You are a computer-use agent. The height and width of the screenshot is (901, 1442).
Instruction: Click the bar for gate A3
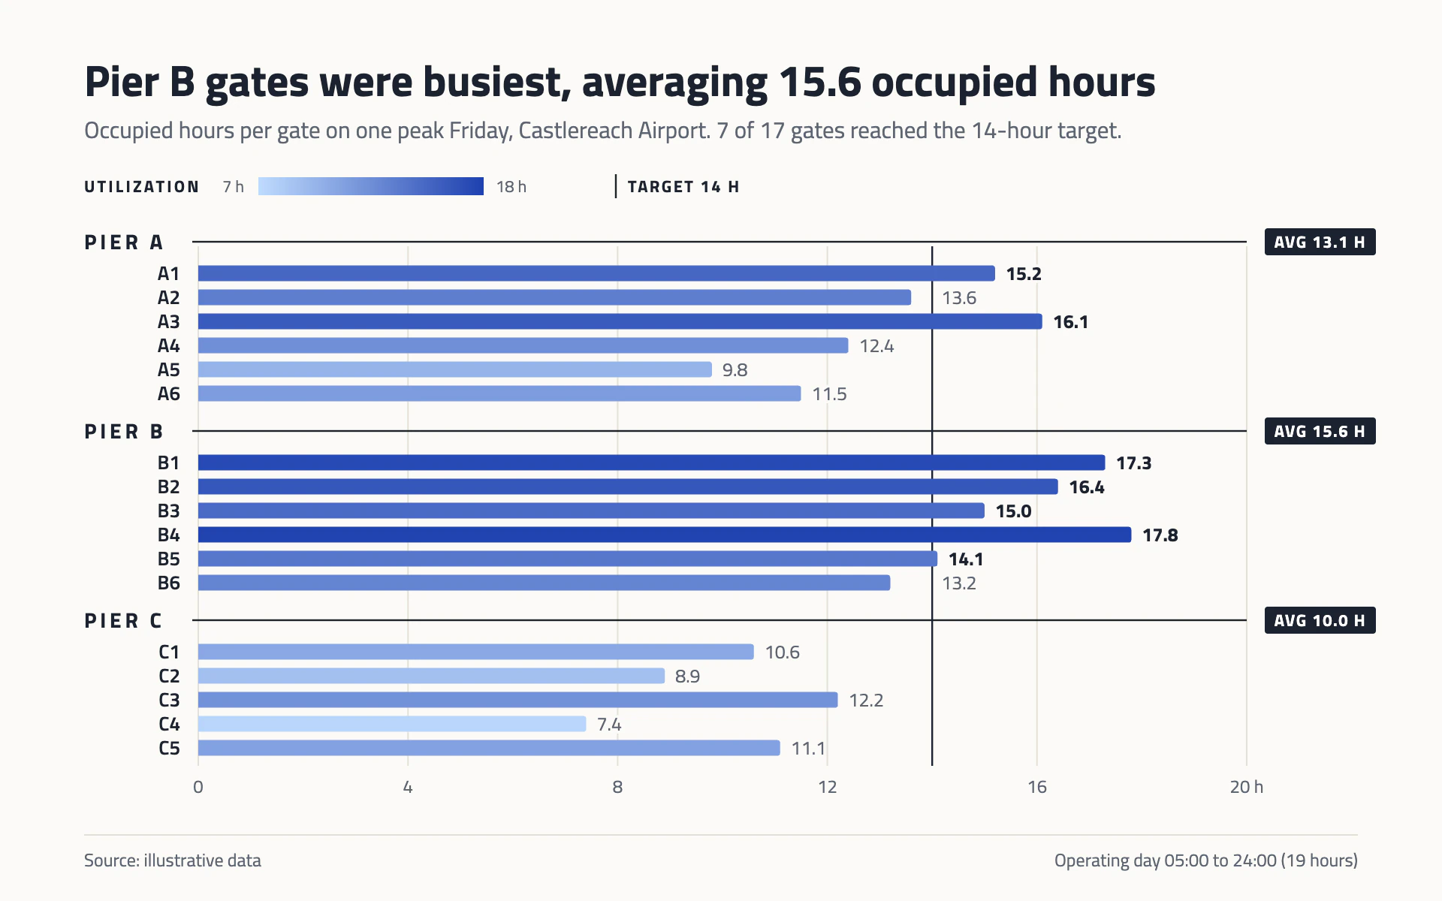click(x=620, y=321)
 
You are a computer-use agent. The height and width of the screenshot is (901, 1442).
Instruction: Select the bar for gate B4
click(x=665, y=535)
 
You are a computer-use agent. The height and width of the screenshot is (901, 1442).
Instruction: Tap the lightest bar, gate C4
click(x=392, y=724)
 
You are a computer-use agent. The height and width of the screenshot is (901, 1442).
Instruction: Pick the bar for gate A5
click(x=455, y=369)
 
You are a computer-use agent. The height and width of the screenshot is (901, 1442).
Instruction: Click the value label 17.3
click(x=1133, y=463)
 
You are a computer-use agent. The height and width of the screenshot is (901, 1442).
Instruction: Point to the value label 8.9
click(x=687, y=677)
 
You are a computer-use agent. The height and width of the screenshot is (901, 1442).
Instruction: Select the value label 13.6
click(x=959, y=298)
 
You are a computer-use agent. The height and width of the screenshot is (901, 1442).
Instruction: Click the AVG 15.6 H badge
click(x=1320, y=431)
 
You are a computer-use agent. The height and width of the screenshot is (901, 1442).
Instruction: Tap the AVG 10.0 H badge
click(x=1320, y=620)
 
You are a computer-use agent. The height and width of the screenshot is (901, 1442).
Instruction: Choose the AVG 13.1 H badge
click(x=1320, y=242)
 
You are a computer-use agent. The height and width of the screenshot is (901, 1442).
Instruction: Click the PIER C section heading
click(x=123, y=621)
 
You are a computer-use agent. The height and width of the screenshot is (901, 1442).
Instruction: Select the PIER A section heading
click(x=123, y=243)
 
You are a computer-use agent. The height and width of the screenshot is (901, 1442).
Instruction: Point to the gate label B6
click(x=169, y=583)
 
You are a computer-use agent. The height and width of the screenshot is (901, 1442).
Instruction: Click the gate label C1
click(x=169, y=652)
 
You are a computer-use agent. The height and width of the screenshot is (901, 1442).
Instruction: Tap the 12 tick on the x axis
click(x=827, y=787)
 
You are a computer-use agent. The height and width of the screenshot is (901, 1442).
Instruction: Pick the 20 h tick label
click(x=1247, y=787)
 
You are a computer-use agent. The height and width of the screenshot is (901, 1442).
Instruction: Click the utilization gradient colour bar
click(x=371, y=186)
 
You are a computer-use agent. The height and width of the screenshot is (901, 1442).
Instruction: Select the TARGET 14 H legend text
click(x=683, y=187)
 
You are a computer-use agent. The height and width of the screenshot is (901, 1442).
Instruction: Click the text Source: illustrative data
click(x=173, y=860)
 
